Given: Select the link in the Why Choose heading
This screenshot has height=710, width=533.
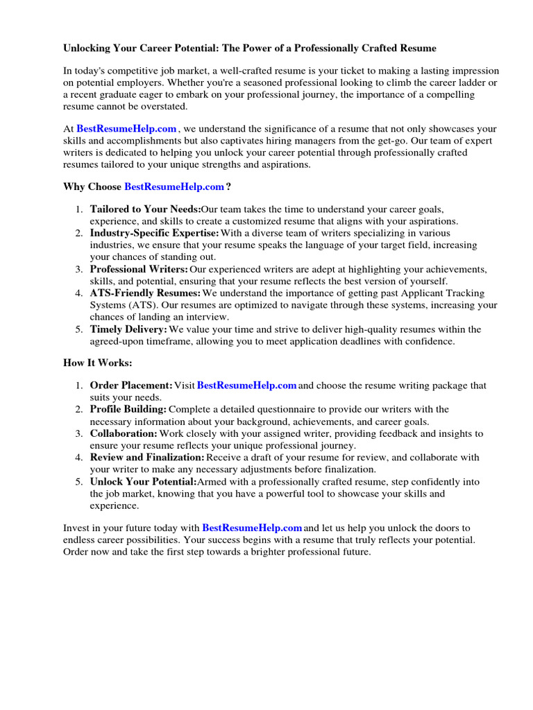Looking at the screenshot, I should click(174, 187).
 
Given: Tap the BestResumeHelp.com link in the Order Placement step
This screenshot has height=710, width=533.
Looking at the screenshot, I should click(247, 386).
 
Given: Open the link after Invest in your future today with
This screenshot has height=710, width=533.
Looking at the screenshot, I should click(252, 528).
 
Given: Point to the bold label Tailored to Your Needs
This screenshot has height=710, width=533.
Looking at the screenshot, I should click(145, 209).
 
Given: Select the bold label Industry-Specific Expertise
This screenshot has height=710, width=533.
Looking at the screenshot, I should click(154, 233).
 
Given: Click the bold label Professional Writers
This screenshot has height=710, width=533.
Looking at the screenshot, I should click(139, 269).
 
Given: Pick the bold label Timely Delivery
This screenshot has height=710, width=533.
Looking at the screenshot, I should click(128, 329).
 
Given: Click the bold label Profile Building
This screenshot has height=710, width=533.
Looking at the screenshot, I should click(128, 410).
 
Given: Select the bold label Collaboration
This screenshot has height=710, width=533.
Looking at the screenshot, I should click(124, 433).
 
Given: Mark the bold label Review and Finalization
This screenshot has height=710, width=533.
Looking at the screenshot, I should click(147, 458).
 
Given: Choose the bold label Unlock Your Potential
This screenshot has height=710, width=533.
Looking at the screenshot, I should click(144, 482).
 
